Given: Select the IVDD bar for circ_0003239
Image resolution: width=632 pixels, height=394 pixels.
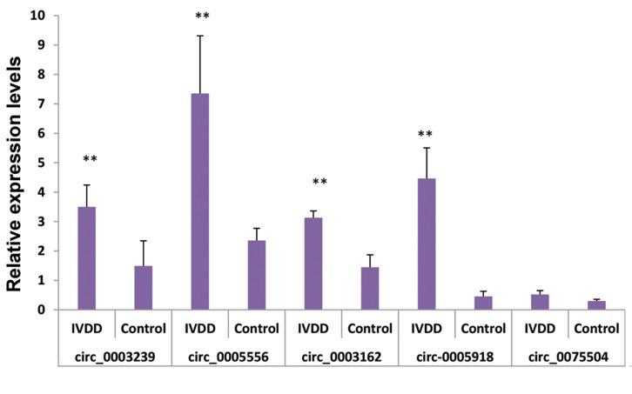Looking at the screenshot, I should (87, 258).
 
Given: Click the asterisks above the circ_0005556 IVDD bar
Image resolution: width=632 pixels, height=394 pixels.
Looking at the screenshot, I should (201, 17).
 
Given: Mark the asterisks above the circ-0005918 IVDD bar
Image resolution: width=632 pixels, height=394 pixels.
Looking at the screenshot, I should (427, 134).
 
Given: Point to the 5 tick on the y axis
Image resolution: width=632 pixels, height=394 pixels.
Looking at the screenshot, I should (39, 163).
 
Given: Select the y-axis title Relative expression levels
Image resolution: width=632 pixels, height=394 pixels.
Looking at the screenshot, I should (15, 162).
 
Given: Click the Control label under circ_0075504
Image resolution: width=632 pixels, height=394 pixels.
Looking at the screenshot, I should (596, 329).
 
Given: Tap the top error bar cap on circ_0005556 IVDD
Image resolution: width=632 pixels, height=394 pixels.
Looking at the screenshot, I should (200, 36).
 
